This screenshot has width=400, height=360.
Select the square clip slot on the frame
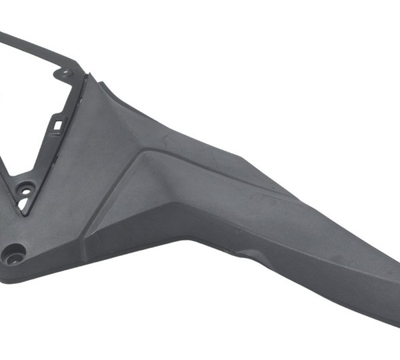58,123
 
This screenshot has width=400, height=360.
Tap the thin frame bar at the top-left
33,47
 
